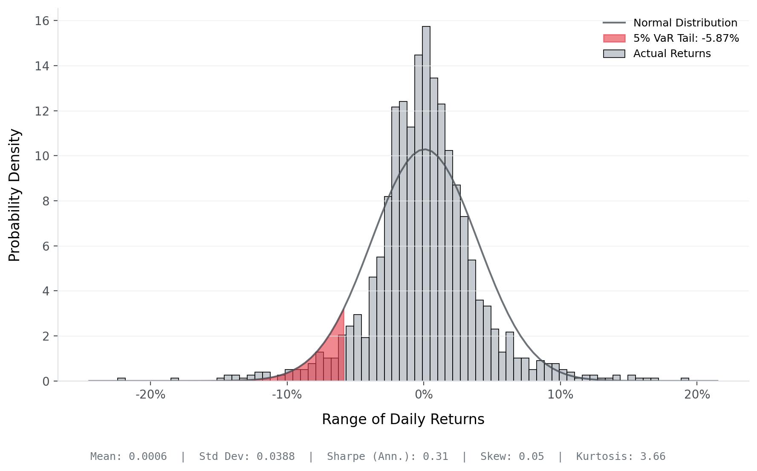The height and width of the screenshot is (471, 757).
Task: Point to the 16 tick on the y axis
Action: [x=42, y=21]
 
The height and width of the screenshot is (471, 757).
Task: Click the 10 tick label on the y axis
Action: [x=42, y=156]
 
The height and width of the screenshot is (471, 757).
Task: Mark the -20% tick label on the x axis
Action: [x=150, y=395]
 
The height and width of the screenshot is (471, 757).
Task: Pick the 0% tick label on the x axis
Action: [x=423, y=395]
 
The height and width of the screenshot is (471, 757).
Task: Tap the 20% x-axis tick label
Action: [x=697, y=395]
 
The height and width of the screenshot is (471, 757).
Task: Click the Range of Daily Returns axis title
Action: [x=403, y=419]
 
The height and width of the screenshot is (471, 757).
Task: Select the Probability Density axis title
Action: [x=14, y=195]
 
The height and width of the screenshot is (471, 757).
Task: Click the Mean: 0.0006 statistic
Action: [x=128, y=457]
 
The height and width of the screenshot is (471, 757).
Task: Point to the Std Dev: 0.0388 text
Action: [x=247, y=457]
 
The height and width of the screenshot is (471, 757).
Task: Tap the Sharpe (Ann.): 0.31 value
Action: [x=387, y=457]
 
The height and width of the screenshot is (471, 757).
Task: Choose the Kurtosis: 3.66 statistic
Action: [x=621, y=457]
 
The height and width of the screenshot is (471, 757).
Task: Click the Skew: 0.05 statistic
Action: [x=512, y=457]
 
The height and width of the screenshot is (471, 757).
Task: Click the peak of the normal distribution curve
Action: [x=425, y=149]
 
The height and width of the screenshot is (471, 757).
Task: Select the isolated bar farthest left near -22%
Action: [x=121, y=379]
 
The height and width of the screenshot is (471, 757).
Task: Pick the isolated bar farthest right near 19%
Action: [x=685, y=379]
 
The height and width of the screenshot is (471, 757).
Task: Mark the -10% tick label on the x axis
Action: [x=287, y=395]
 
